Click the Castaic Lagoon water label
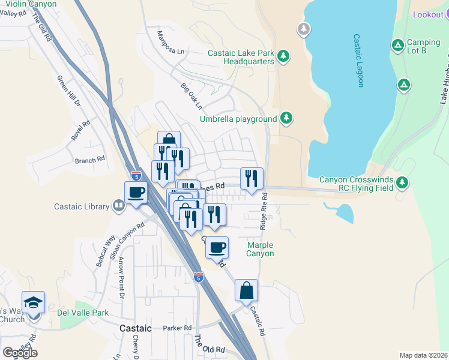(358, 59)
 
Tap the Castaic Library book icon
(119, 207)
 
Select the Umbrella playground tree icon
(287, 118)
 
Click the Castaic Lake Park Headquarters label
(241, 57)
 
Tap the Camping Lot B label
(424, 46)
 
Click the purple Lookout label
(427, 14)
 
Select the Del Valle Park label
(83, 313)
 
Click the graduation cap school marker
(33, 302)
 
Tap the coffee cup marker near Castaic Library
(136, 192)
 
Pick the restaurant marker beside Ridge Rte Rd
(252, 178)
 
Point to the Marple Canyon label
(261, 249)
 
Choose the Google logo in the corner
(20, 352)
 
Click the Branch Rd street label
(90, 160)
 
